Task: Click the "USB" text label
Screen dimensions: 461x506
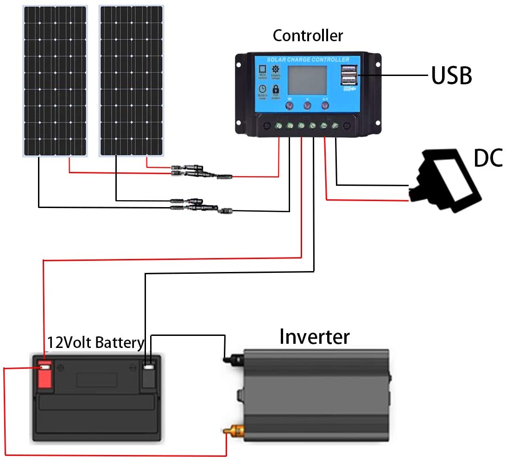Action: coord(451,76)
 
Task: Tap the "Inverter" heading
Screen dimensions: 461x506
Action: coord(314,337)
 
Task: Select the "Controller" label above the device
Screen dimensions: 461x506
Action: coord(308,36)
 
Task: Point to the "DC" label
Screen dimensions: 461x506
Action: coord(488,158)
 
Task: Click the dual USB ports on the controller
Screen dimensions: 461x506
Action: coord(349,74)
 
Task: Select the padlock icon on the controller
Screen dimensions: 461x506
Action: coord(276,89)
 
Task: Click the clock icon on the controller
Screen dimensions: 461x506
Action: coord(262,89)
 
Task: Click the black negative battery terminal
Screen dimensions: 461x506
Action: coord(148,374)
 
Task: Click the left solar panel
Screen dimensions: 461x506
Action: coord(55,81)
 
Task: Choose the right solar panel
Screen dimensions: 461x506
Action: coord(131,81)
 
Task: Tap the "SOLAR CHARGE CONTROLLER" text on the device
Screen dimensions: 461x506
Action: coord(308,60)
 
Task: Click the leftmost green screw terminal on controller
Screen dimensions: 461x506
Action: coord(278,125)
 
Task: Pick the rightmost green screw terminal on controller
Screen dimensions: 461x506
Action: coord(335,125)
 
